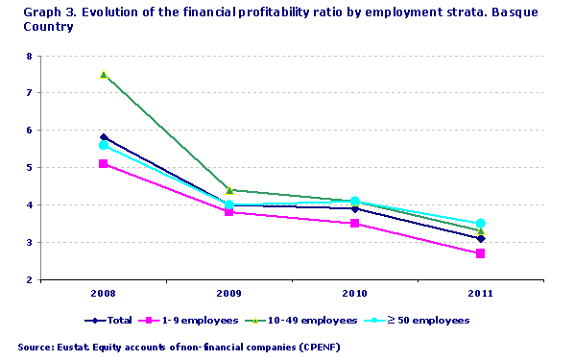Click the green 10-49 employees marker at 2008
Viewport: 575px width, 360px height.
point(104,74)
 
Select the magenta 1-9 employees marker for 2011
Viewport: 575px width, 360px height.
point(481,253)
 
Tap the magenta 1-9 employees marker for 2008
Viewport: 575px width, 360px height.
point(104,164)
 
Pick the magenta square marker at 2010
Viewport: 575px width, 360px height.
point(355,224)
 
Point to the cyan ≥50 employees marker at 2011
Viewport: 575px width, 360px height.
point(481,224)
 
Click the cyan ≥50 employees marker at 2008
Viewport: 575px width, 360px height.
point(104,145)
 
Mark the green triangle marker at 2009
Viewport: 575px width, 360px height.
point(229,190)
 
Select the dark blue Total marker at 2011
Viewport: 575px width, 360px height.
point(481,239)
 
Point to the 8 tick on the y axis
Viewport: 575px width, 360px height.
point(29,56)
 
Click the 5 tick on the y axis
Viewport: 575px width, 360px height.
point(29,168)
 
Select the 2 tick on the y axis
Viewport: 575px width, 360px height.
point(29,280)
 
